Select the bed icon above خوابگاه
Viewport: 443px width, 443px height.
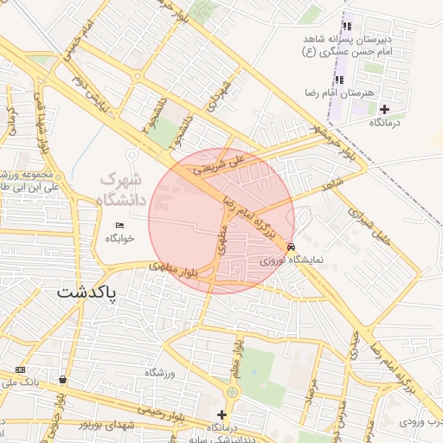(120, 225)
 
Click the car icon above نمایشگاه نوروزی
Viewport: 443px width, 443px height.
(289, 246)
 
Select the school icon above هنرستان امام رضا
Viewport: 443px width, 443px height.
(338, 80)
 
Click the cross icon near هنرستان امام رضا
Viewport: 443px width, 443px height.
(385, 108)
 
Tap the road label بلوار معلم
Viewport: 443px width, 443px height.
(236, 357)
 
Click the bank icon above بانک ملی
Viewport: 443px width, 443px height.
(21, 369)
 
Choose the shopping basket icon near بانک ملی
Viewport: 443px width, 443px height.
(62, 380)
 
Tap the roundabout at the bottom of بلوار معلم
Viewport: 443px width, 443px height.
(231, 391)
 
